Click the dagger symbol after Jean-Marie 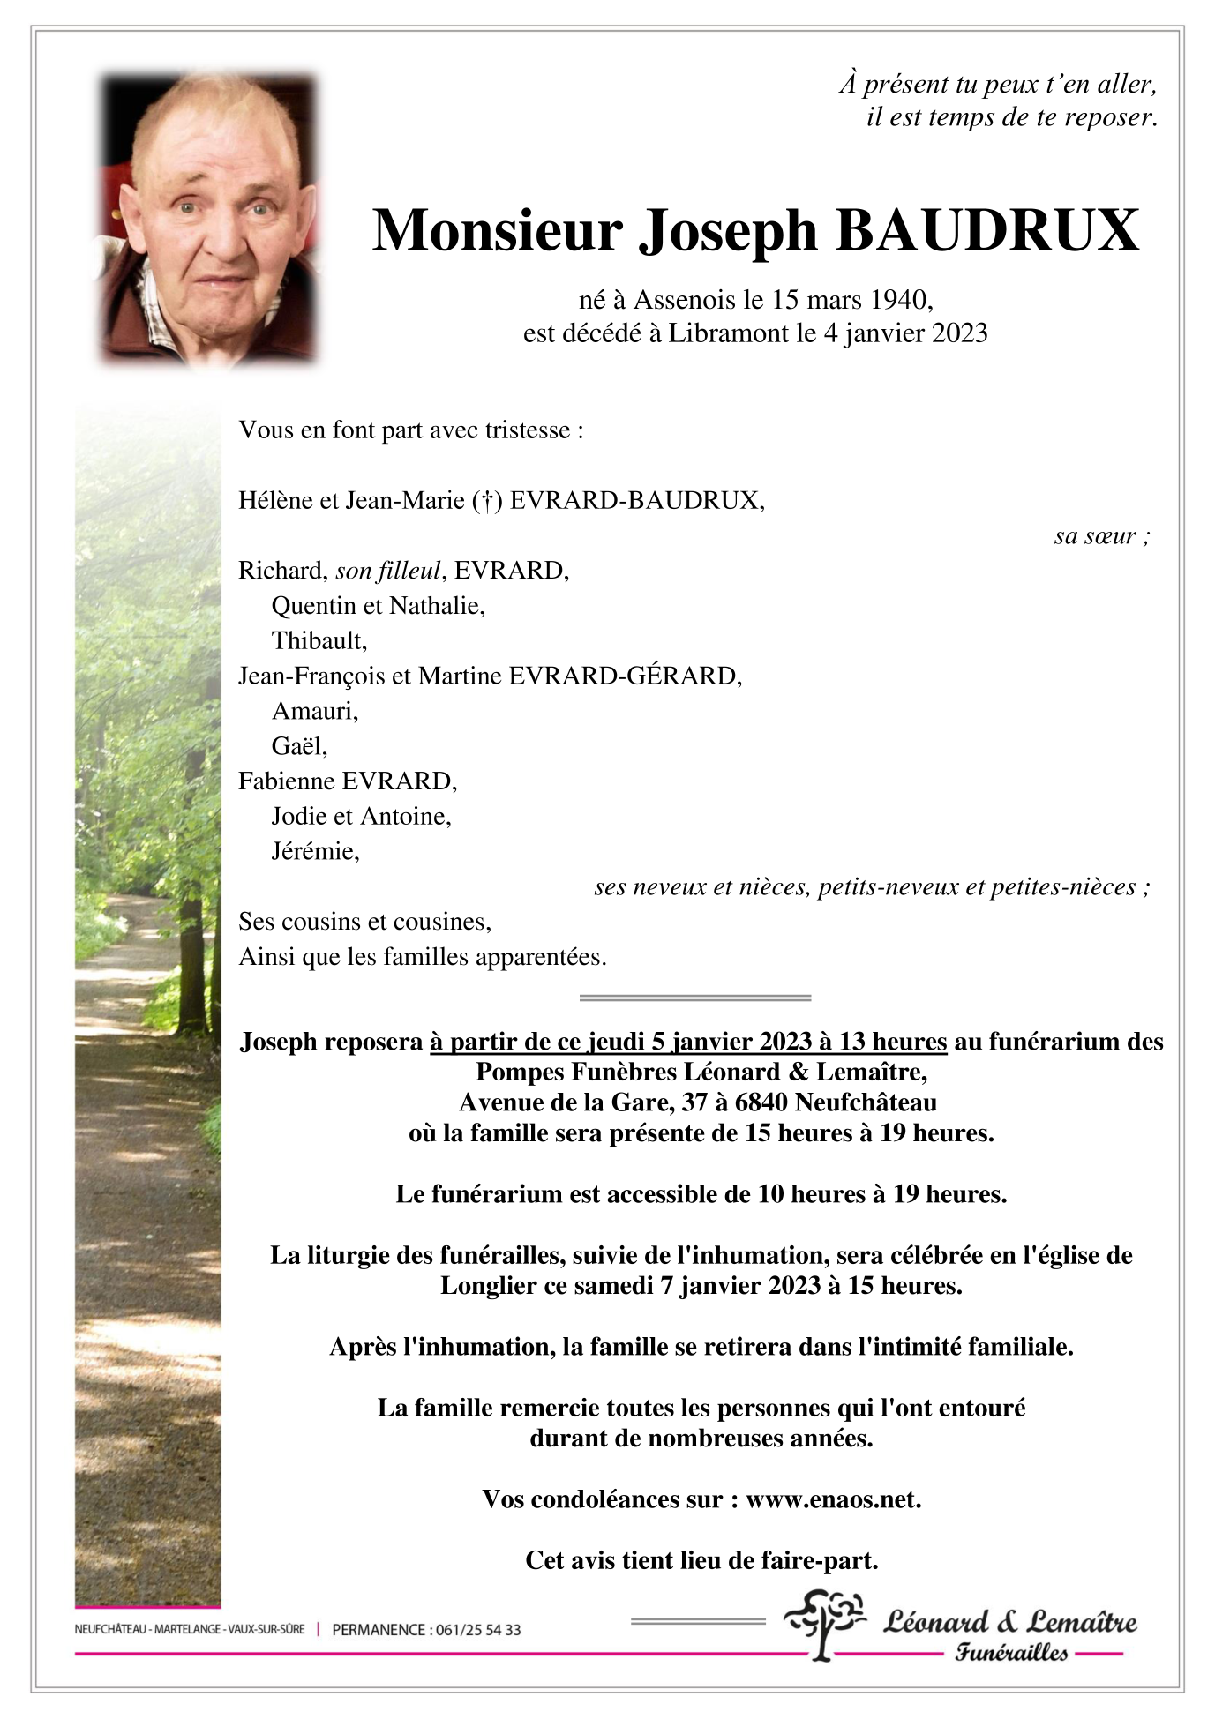[x=486, y=501]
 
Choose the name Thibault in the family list [x=318, y=640]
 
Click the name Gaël [x=298, y=746]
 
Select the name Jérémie [x=314, y=851]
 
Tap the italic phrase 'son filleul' [x=387, y=571]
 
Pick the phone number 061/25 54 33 [x=477, y=1630]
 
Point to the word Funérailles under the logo [x=1011, y=1653]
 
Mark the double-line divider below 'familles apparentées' [x=694, y=998]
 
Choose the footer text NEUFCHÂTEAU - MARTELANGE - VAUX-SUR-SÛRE [x=190, y=1629]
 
